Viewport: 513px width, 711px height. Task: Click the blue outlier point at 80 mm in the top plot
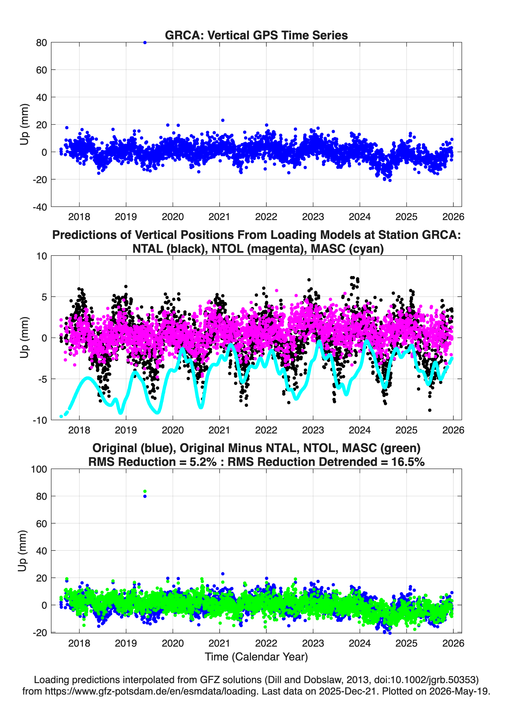pos(145,43)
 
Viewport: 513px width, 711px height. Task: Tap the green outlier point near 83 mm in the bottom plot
pos(145,491)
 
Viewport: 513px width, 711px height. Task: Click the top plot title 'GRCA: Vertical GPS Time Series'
pos(256,35)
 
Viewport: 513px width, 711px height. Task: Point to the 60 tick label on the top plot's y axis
pos(41,70)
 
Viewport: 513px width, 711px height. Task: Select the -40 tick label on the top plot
pos(40,207)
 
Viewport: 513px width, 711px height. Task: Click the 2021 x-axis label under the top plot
pos(219,217)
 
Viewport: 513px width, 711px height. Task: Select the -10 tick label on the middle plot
pos(40,420)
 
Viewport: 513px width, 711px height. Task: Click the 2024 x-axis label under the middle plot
pos(360,430)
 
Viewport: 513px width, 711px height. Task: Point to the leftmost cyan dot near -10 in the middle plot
pos(61,416)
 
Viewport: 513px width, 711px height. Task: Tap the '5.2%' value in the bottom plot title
pos(203,462)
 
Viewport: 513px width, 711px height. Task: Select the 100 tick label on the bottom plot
pos(39,469)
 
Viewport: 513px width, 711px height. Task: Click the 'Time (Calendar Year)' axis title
pos(256,656)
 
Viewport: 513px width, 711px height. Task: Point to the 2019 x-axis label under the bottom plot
pos(126,643)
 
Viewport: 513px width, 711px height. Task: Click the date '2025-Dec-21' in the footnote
pos(346,691)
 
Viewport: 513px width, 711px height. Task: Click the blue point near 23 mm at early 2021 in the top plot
pos(223,120)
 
